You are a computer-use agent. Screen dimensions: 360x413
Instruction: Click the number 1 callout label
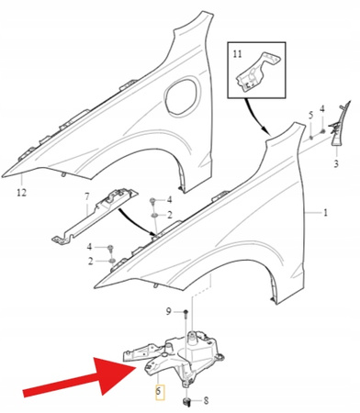325,212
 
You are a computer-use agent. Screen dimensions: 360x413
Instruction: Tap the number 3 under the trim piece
336,163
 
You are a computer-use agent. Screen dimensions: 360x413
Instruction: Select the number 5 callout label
310,116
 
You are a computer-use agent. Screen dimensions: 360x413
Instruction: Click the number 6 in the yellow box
158,391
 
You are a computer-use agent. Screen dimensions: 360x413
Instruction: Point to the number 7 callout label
87,196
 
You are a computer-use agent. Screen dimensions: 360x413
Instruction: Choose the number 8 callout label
206,400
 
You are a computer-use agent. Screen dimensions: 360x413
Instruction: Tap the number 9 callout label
168,312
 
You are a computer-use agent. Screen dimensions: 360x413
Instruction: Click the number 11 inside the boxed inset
238,54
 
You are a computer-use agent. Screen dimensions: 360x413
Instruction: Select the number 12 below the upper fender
21,193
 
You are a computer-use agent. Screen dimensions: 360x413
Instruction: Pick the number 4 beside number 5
322,108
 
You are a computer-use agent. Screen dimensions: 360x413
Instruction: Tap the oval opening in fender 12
181,95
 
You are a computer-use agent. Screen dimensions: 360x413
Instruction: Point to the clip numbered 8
186,402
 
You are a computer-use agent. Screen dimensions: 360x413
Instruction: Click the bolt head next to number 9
186,312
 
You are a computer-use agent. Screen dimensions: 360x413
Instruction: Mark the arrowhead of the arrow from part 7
153,233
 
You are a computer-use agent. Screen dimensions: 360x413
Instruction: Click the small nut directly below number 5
311,137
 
